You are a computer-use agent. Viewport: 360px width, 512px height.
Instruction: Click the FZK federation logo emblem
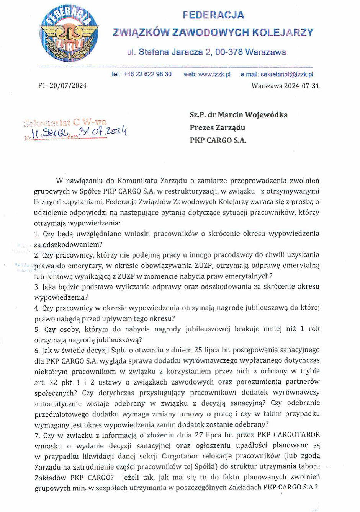69,33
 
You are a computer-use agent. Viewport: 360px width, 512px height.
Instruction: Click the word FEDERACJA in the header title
213,15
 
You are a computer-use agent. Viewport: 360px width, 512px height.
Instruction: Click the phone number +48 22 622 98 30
147,74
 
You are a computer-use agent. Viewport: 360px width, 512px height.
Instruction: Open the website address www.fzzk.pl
214,74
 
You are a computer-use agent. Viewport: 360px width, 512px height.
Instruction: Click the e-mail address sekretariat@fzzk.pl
287,74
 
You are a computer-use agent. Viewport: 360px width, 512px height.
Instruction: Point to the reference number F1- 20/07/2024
62,86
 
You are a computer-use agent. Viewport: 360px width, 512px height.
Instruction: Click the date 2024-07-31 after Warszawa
301,86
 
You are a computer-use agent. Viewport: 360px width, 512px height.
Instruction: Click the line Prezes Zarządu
218,127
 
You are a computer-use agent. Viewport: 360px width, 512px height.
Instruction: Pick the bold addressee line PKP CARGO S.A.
218,140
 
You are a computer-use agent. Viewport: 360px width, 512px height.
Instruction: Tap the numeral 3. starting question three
37,287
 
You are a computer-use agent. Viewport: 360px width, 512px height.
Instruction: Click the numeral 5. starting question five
37,329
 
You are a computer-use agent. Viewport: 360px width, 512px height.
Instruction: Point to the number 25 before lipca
198,350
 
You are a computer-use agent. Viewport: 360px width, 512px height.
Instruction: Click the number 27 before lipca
199,435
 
